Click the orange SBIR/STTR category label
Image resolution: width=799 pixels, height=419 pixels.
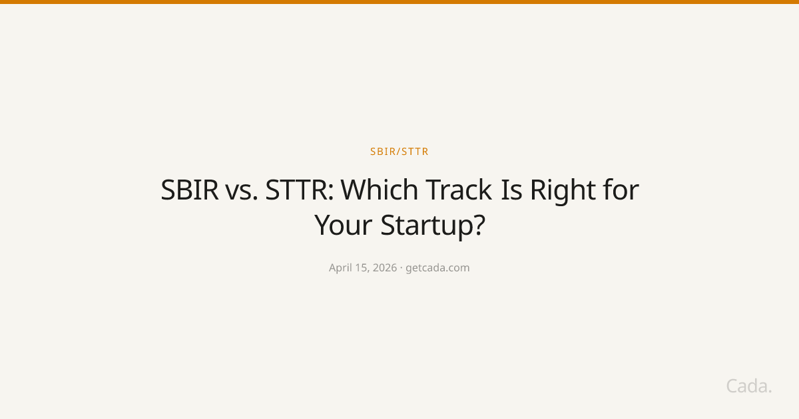pyautogui.click(x=400, y=152)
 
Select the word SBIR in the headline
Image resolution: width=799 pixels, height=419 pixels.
pyautogui.click(x=189, y=191)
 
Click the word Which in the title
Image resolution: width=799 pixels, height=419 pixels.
pyautogui.click(x=380, y=191)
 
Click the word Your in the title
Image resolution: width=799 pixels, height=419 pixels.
pyautogui.click(x=344, y=225)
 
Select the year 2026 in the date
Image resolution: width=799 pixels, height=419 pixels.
pyautogui.click(x=386, y=268)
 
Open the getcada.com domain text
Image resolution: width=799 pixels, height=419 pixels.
pyautogui.click(x=437, y=268)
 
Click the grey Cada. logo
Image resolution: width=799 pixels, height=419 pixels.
pyautogui.click(x=749, y=386)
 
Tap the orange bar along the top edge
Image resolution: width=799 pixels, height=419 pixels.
pyautogui.click(x=400, y=2)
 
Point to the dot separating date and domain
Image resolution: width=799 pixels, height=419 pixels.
pyautogui.click(x=401, y=268)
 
